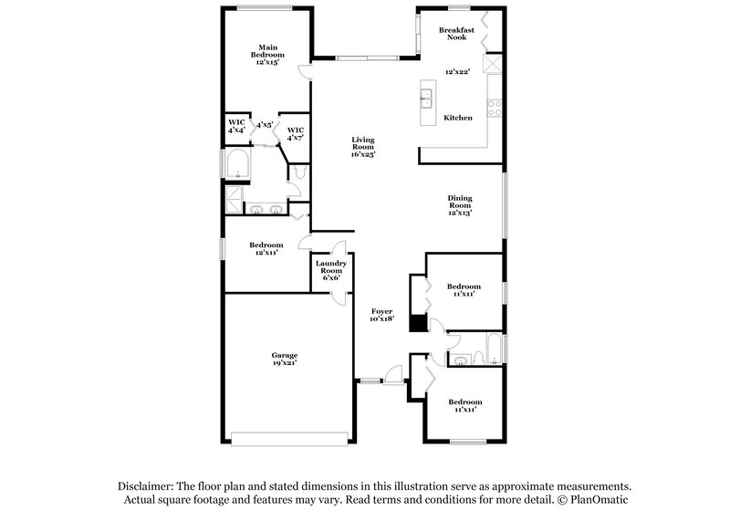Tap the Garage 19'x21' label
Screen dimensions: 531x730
click(284, 359)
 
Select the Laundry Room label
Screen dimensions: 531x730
click(329, 270)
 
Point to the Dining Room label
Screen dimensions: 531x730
click(459, 206)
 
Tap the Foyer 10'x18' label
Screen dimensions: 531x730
click(381, 315)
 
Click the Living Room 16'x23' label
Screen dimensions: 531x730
click(363, 147)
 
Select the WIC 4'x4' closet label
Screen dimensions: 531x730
click(236, 126)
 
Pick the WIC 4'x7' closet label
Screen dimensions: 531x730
click(295, 134)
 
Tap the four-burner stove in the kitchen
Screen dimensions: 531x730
click(495, 108)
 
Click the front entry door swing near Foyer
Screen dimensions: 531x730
click(393, 373)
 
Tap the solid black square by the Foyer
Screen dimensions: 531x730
click(417, 323)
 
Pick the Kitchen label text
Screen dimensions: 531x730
click(457, 118)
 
